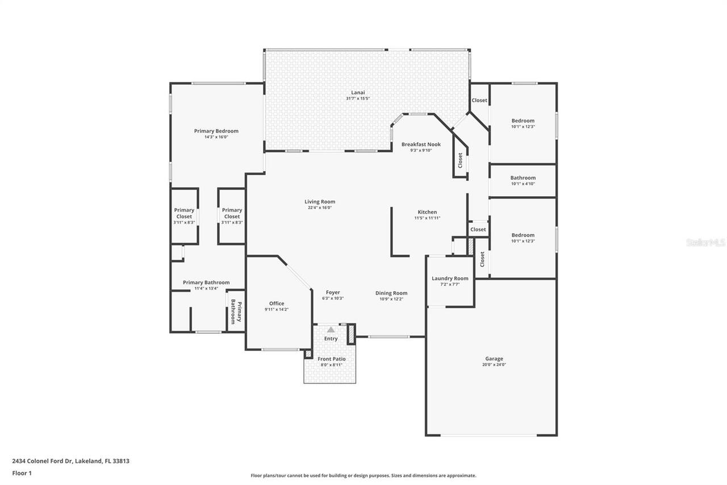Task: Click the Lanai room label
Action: pos(357,92)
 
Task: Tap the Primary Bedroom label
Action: pos(216,131)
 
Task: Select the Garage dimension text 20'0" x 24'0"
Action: pos(494,364)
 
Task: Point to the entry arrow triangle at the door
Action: pos(331,330)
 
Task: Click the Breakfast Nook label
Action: pos(421,144)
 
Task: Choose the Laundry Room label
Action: pos(450,278)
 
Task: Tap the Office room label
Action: pos(277,303)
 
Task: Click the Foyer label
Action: pos(333,292)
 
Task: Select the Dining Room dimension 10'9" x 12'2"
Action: pos(391,299)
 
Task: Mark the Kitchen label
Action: pos(427,212)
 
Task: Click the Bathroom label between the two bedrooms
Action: pos(523,177)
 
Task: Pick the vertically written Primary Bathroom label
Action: pos(236,312)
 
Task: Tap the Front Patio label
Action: pos(332,359)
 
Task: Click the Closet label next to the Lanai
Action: pos(479,100)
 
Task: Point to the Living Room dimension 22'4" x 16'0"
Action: pos(320,208)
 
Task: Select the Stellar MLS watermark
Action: pos(705,242)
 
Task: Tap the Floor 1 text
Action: pos(22,472)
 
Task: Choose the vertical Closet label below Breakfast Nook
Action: pos(460,160)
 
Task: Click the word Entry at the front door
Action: pos(331,338)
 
